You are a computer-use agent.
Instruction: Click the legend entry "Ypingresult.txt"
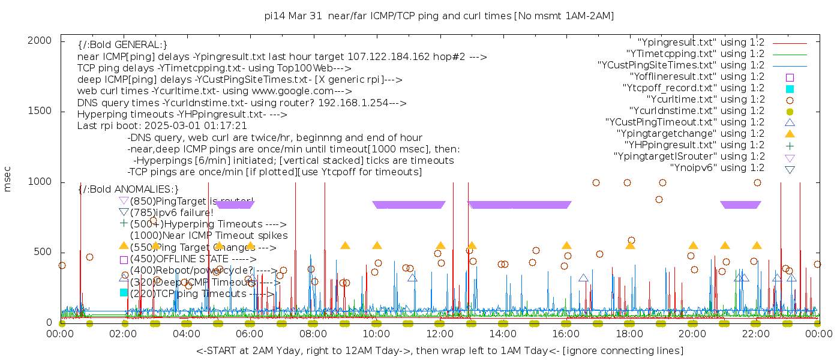(x=701, y=43)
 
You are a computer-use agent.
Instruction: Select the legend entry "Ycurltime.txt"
(x=706, y=100)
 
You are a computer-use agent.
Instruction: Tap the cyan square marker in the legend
(x=790, y=88)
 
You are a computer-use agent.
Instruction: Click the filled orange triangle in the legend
(x=790, y=134)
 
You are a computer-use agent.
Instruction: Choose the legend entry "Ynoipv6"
(x=717, y=168)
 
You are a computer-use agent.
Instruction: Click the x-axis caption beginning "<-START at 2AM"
(x=439, y=350)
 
